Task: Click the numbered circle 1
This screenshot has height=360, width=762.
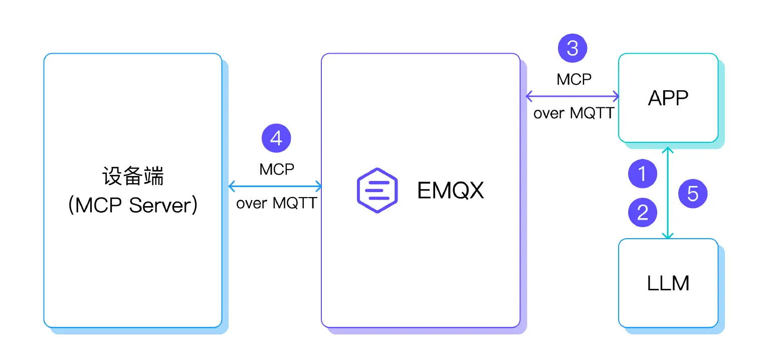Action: (642, 174)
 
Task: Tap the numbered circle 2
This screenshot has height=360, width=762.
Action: (642, 212)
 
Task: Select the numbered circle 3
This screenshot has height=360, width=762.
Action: (572, 49)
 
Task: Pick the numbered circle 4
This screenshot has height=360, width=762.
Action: (276, 138)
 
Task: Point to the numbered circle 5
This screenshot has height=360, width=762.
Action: (692, 194)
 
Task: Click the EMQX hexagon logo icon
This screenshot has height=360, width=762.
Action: (377, 190)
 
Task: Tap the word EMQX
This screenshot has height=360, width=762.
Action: (451, 191)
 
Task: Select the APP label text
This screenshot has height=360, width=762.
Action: (668, 98)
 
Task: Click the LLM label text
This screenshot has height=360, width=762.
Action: (668, 283)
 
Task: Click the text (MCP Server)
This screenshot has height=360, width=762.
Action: (133, 206)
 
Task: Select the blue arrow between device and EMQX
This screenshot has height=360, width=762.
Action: (275, 187)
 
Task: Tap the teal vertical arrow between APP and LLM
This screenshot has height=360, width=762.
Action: (667, 193)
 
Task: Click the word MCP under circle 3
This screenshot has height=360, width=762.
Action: (574, 79)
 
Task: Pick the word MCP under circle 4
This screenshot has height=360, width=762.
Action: (277, 169)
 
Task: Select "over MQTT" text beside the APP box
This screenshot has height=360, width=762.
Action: (574, 113)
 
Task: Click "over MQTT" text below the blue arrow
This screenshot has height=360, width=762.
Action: (276, 204)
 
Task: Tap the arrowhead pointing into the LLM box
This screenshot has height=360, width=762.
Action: (667, 235)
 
